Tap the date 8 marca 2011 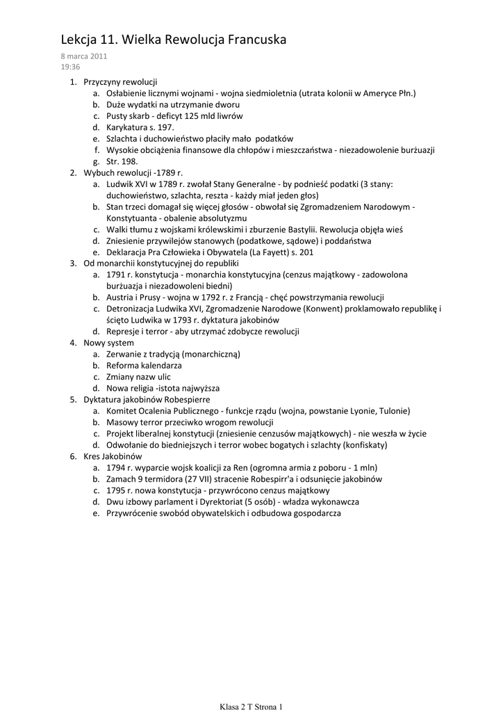(x=84, y=56)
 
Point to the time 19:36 (x=70, y=67)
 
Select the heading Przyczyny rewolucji (x=120, y=82)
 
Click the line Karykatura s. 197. (x=140, y=127)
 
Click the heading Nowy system (x=108, y=343)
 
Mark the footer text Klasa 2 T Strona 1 (x=251, y=706)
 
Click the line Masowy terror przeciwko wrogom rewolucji (x=190, y=422)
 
